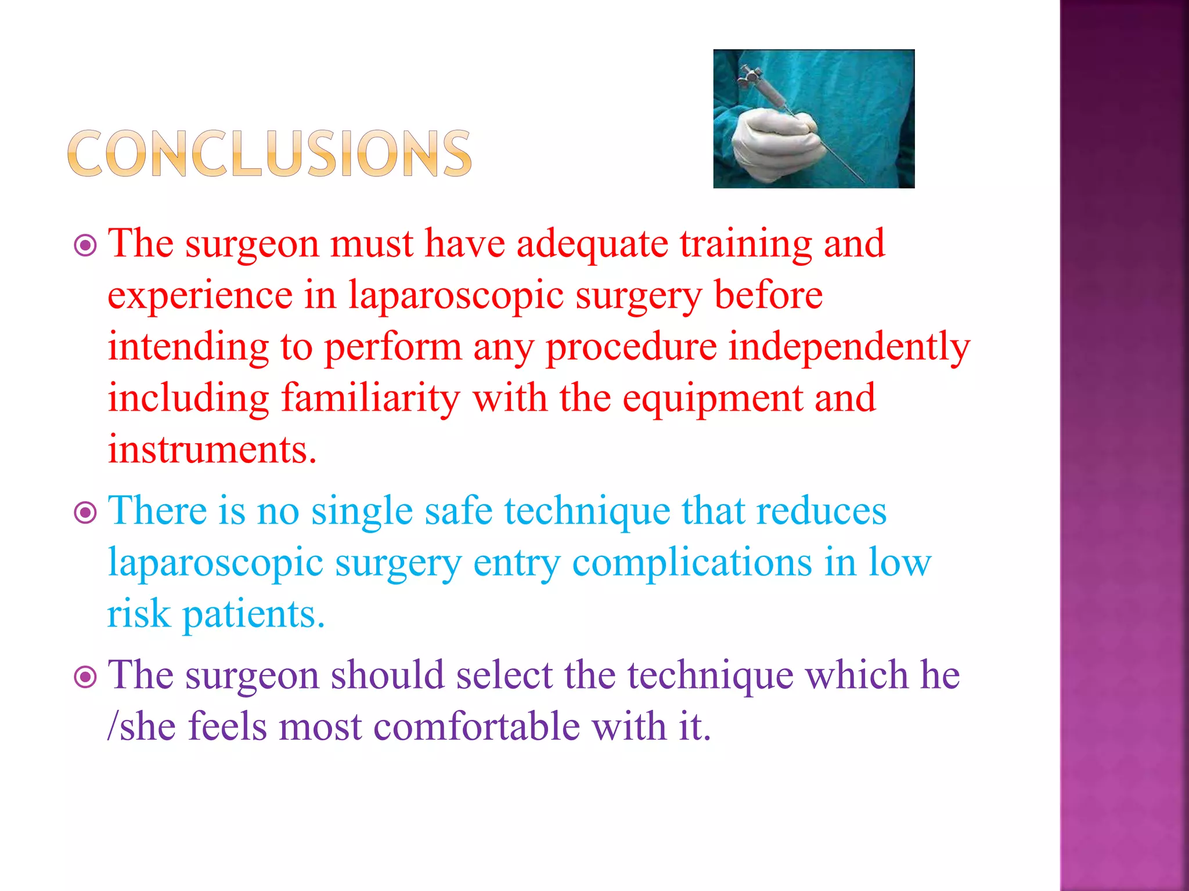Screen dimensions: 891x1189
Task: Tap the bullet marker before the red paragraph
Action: click(85, 246)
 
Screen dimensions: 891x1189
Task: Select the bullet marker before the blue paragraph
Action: click(85, 513)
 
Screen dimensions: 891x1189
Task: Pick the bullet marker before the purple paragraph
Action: click(85, 677)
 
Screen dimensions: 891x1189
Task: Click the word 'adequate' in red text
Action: click(592, 245)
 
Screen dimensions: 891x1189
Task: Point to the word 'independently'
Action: click(849, 347)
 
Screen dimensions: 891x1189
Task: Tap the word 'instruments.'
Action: click(212, 450)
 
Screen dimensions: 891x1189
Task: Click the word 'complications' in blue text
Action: click(691, 564)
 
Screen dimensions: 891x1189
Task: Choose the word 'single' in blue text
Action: click(362, 513)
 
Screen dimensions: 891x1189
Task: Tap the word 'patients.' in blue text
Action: click(253, 615)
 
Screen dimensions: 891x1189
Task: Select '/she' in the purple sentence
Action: click(142, 727)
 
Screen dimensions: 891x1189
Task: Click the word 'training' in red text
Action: click(745, 245)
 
